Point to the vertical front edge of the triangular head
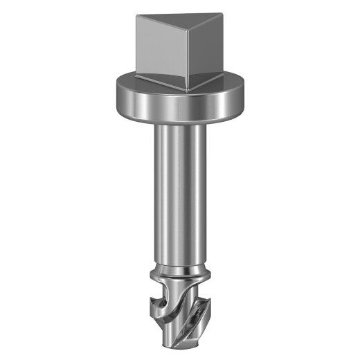pyautogui.click(x=190, y=59)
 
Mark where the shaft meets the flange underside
pyautogui.click(x=181, y=123)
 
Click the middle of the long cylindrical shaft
pyautogui.click(x=181, y=194)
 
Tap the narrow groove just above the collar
pyautogui.click(x=181, y=265)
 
